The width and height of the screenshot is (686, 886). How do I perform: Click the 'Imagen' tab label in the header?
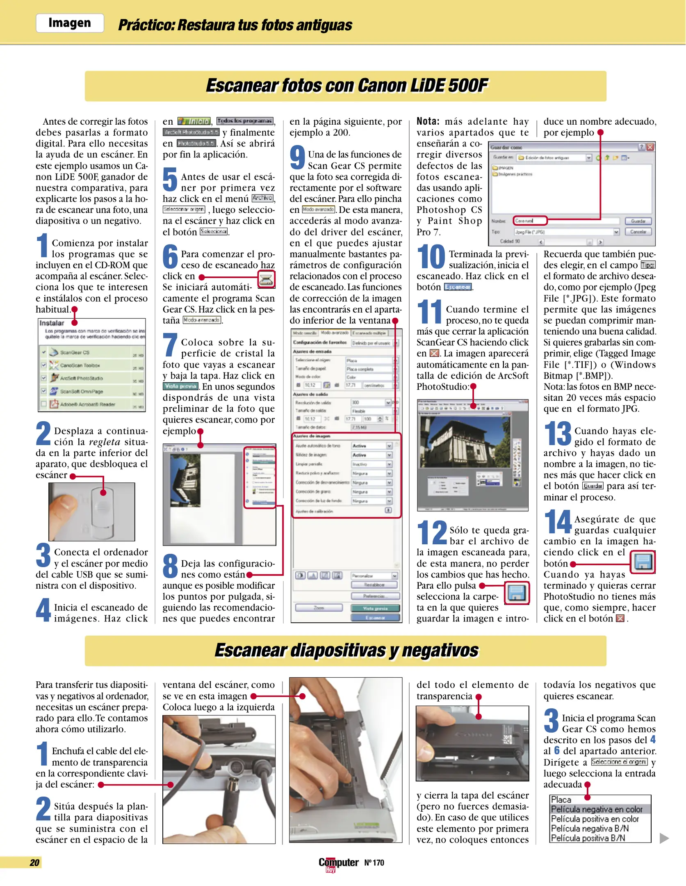click(x=70, y=23)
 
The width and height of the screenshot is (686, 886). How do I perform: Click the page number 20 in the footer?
click(x=35, y=862)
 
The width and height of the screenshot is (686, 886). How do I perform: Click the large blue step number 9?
click(x=297, y=158)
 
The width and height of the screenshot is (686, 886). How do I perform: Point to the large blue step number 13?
click(x=558, y=434)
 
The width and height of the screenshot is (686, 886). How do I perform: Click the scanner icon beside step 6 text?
click(x=266, y=279)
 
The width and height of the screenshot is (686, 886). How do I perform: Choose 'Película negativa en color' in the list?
click(x=597, y=809)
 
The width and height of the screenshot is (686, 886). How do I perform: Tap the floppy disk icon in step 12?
click(x=516, y=593)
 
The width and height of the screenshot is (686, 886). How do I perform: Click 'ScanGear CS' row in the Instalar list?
click(x=75, y=352)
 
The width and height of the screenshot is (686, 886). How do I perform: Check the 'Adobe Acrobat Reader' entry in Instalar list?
click(x=44, y=404)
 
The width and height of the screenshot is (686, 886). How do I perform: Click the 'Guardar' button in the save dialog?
click(x=638, y=221)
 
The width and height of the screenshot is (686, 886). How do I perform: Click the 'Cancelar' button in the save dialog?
click(x=638, y=232)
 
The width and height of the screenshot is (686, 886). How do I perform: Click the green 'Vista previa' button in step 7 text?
click(x=180, y=386)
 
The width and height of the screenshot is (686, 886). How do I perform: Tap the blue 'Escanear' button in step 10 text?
click(x=458, y=287)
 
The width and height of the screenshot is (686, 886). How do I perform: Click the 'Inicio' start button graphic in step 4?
click(x=194, y=121)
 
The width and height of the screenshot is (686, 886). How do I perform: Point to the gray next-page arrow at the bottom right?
click(x=664, y=838)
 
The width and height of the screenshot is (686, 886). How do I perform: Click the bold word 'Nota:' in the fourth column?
click(x=428, y=121)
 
